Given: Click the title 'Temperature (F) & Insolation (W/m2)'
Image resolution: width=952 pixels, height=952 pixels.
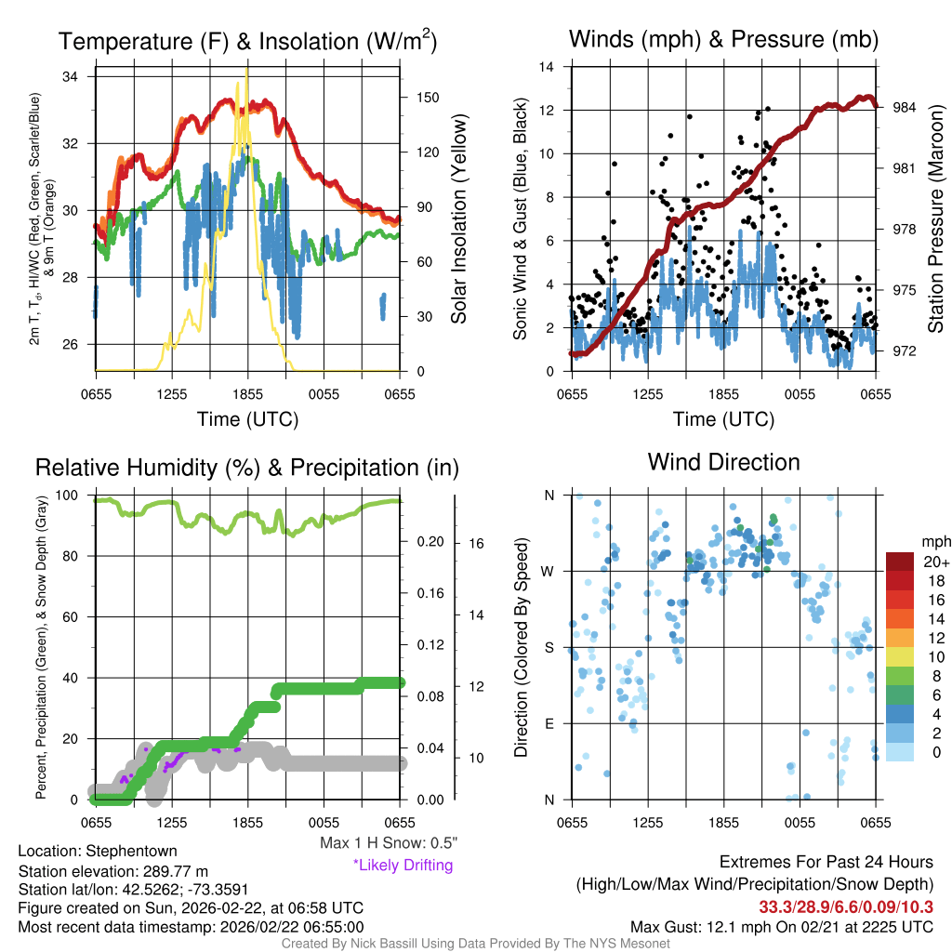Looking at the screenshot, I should coord(248,42).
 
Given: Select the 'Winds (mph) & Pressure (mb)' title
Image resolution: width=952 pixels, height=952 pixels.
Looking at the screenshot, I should coord(724,39).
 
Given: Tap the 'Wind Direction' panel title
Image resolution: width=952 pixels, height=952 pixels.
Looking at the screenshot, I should coord(723,462).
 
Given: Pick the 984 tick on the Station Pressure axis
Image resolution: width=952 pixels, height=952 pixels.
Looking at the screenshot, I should coord(905,108).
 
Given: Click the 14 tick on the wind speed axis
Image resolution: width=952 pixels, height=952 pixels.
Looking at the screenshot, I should coord(548,67).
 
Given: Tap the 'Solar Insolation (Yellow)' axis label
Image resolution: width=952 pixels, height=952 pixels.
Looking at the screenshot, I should coord(458,219).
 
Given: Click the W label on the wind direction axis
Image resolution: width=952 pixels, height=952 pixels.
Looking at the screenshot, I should coord(549,572).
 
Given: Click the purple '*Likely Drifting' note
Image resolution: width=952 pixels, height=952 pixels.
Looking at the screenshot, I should coord(403,865).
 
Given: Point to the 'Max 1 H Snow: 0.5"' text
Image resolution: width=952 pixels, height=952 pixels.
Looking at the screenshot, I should coord(389,843).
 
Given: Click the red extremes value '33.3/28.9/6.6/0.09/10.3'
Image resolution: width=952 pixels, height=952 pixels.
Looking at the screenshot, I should coord(846,907).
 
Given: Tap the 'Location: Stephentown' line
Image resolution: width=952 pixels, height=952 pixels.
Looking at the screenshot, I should coord(98,851).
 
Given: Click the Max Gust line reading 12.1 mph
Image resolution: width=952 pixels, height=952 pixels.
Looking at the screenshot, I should coord(781,926).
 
